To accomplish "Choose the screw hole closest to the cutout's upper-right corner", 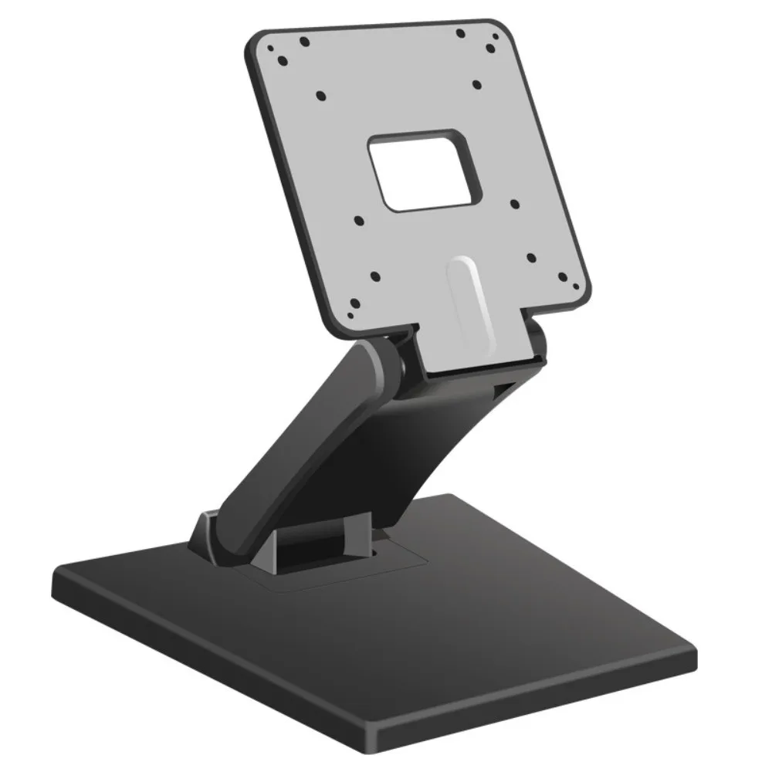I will (476, 84).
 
